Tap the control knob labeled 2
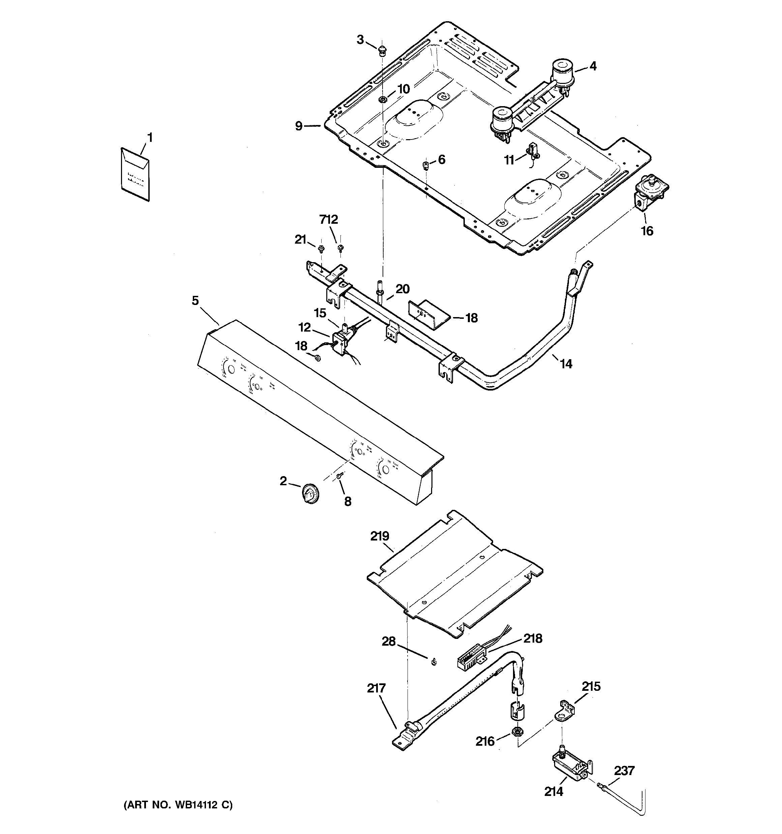pos(310,493)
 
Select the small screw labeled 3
pos(382,51)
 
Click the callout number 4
pos(592,66)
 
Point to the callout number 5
pos(195,300)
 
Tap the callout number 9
pos(298,126)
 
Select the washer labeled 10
pos(383,99)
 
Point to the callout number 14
pos(566,364)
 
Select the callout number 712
pos(328,219)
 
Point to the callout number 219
pos(380,536)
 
